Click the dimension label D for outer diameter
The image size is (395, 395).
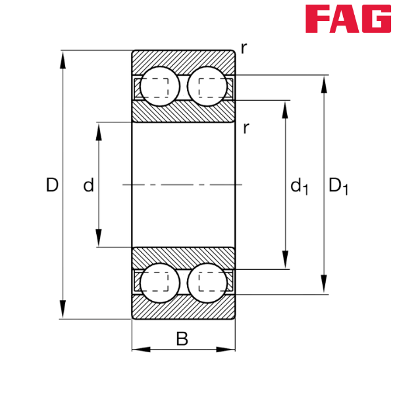coord(52,186)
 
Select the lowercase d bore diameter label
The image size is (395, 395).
coord(88,186)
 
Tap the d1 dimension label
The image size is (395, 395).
coord(299,187)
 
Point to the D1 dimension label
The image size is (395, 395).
coord(338,187)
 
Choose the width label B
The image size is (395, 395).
coord(182,340)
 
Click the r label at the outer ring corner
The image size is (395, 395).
coord(244,48)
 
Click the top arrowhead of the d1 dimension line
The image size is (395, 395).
coord(285,108)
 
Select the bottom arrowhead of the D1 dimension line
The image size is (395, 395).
coord(323,285)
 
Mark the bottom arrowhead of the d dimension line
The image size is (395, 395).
coord(99,238)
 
